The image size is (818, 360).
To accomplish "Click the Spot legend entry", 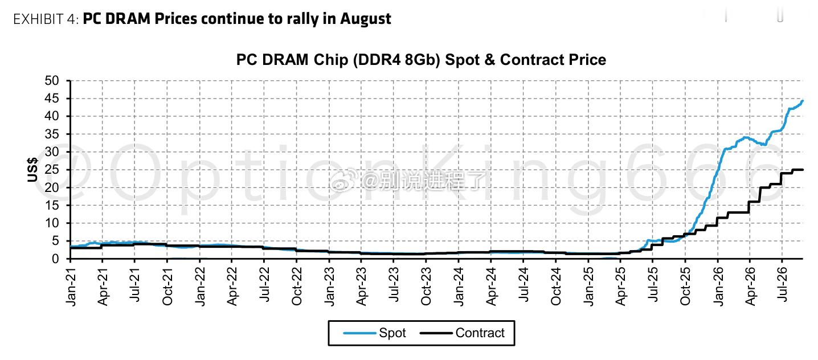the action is (375, 333).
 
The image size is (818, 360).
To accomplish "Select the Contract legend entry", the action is (463, 333).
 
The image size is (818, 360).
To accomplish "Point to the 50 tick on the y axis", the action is (51, 81).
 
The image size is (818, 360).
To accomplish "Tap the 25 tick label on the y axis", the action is (51, 170).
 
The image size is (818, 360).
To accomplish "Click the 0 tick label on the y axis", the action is (55, 259).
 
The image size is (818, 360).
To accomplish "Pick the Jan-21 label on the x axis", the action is (71, 287).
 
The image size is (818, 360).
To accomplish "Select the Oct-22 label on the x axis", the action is (297, 287).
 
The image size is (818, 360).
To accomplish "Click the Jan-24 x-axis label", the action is (459, 287).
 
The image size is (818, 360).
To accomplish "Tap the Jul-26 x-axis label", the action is (782, 284).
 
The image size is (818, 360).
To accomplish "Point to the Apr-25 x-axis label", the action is (620, 287).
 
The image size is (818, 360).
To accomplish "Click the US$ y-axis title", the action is (32, 170).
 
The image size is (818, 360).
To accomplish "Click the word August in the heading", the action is (366, 19).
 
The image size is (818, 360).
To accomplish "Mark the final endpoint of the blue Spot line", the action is (802, 101).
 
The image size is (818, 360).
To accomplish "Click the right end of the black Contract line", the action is (803, 170).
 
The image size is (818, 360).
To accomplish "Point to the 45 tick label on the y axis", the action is (51, 99).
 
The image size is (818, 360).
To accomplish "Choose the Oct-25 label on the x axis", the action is (685, 287).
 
